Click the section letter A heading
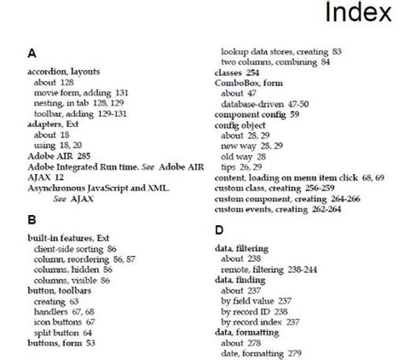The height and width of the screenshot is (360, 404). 32,53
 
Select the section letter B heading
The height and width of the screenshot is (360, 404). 32,219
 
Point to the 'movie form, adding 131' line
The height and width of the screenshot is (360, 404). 81,92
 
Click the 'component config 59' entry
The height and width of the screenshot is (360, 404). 257,112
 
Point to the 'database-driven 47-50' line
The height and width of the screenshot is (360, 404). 265,102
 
